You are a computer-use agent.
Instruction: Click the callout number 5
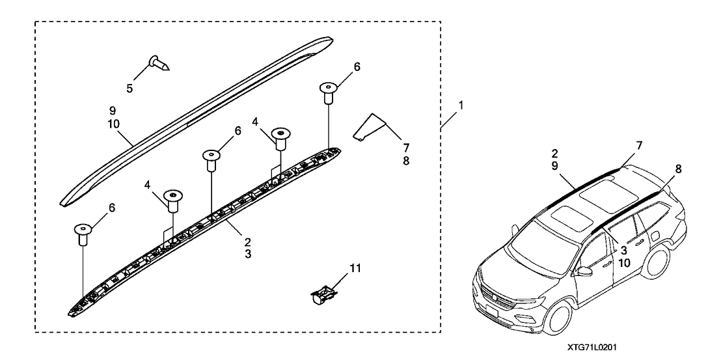point(130,88)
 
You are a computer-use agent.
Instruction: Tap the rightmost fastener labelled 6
point(329,93)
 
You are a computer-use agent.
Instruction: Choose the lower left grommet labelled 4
point(172,201)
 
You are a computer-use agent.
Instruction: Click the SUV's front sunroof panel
point(561,215)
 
